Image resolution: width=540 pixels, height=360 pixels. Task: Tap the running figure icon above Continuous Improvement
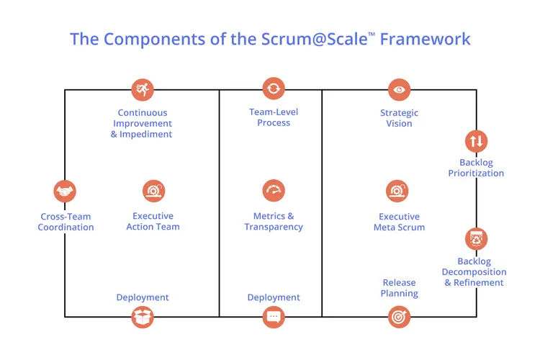pos(143,89)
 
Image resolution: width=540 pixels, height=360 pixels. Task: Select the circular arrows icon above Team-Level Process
pos(274,89)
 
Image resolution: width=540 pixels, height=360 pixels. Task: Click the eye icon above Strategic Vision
pos(399,89)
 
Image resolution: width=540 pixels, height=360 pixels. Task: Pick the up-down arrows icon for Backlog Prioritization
pos(476,140)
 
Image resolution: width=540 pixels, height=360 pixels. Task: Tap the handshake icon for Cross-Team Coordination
pos(66,192)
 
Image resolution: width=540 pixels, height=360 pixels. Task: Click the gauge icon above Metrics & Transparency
pos(274,191)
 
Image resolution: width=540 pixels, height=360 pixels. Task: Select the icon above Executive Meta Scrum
pos(399,191)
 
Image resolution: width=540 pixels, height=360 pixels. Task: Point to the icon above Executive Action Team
pos(153,191)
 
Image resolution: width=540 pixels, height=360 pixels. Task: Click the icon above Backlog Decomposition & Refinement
pos(476,238)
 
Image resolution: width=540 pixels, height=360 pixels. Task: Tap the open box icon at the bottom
pos(143,316)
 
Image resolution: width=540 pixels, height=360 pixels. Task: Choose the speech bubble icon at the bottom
pos(274,316)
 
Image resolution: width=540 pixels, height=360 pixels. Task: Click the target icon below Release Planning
pos(399,316)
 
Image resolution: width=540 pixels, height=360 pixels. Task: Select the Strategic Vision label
pos(399,118)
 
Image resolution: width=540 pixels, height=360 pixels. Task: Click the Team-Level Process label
pos(274,117)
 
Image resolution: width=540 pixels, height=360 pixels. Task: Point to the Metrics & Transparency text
pos(274,222)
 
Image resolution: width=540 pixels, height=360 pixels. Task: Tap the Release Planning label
pos(399,288)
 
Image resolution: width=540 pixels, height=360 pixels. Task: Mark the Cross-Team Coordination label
pos(66,222)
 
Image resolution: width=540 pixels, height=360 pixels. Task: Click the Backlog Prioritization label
pos(476,168)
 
